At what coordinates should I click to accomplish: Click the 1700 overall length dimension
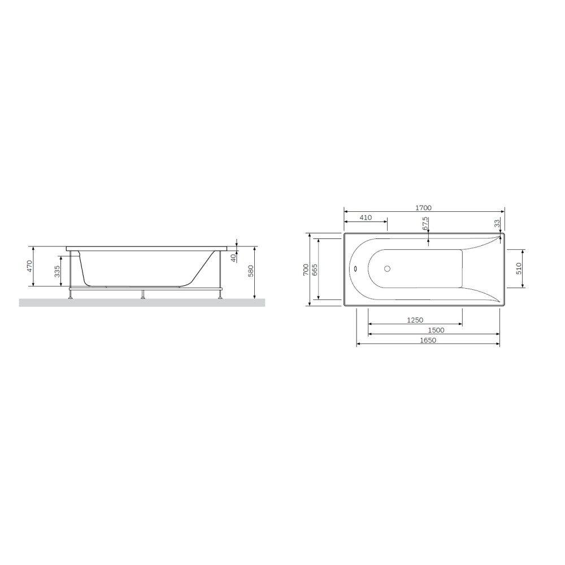(423, 207)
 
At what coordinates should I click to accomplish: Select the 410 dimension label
(366, 218)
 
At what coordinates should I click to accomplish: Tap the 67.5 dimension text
(425, 223)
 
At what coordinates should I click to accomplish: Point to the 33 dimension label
(497, 223)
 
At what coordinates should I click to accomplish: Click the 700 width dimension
(306, 270)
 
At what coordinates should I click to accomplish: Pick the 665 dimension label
(315, 270)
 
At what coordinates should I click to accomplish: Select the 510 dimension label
(519, 268)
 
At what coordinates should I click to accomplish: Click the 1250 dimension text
(415, 320)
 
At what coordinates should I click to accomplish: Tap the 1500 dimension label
(436, 330)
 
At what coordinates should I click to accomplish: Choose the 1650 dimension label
(428, 340)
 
